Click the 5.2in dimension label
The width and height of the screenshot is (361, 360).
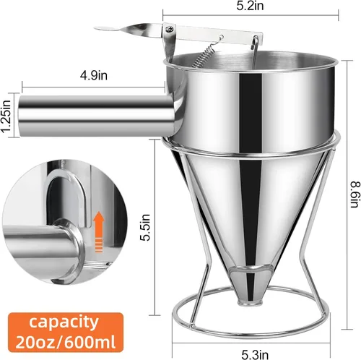click(x=250, y=6)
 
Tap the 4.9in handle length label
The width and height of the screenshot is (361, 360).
click(x=94, y=76)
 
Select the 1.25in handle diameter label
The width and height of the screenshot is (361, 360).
click(x=6, y=116)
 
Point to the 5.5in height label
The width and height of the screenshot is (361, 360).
click(x=145, y=227)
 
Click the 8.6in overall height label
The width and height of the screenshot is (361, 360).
click(x=356, y=195)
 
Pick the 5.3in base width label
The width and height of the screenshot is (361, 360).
click(x=255, y=354)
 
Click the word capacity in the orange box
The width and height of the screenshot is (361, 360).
click(x=64, y=322)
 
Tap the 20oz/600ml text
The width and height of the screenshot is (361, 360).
click(x=66, y=341)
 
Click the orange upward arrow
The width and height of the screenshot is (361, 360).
click(x=99, y=232)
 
